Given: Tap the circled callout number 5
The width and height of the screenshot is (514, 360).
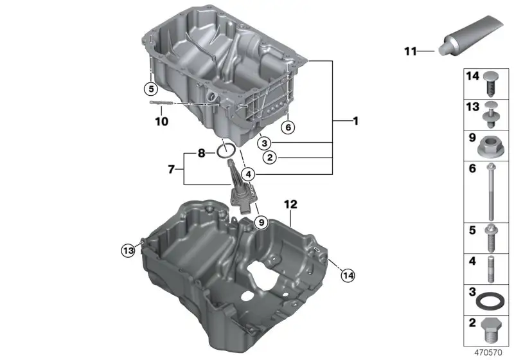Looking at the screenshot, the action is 151,89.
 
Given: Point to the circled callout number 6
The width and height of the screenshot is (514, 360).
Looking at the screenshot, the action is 288,127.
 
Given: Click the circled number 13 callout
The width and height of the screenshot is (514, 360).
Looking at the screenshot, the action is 128,251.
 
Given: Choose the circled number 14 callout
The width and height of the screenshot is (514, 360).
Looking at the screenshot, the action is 348,275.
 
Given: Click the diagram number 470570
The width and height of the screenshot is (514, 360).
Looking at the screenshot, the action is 488,352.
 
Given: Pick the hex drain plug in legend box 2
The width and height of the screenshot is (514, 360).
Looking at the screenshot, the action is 491,330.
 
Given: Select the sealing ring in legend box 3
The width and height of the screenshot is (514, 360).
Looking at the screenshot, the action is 488,301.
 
